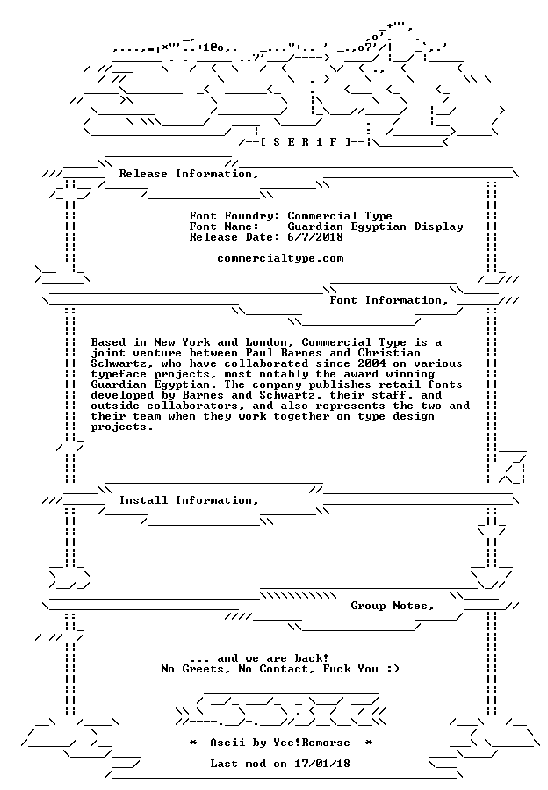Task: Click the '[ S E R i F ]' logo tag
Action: [x=305, y=141]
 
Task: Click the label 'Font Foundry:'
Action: [x=235, y=216]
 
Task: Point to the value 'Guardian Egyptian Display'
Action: [x=375, y=226]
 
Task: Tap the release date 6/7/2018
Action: [x=315, y=237]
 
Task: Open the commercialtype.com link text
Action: [x=280, y=258]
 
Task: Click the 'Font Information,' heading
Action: [x=389, y=300]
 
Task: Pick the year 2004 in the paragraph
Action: [x=371, y=363]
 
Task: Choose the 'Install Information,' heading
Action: [x=189, y=500]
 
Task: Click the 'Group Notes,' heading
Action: [x=393, y=606]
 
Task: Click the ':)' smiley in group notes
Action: [x=393, y=669]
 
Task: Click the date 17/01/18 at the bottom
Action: [x=322, y=764]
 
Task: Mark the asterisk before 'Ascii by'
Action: [x=193, y=743]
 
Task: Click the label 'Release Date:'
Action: [x=235, y=237]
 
